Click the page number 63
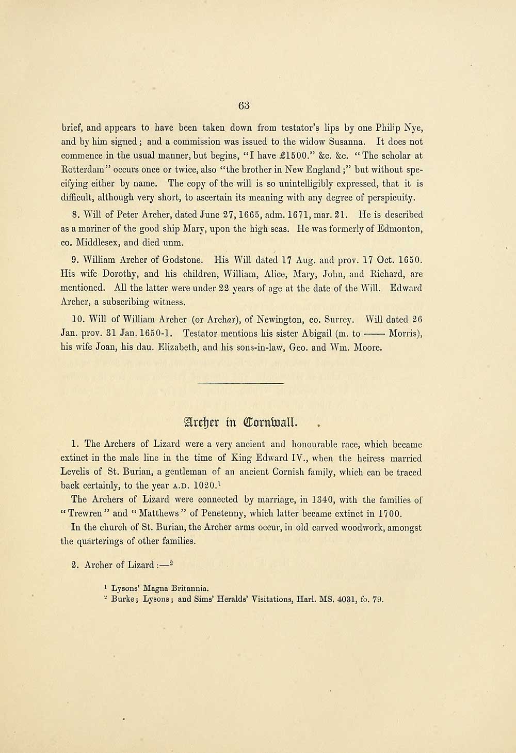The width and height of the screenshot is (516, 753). tap(244, 105)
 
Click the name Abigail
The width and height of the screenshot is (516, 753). tap(288, 334)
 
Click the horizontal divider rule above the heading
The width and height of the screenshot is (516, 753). tap(241, 383)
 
